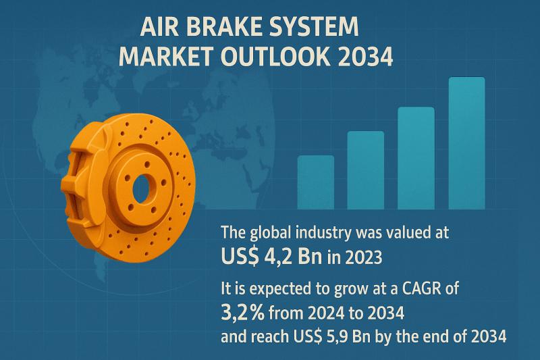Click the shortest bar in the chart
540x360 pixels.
pos(315,182)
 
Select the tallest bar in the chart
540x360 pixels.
pos(466,143)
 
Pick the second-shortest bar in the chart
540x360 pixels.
pos(366,170)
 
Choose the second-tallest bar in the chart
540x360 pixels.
pos(416,158)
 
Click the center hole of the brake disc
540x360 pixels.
pos(144,189)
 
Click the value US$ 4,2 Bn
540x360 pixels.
pos(272,257)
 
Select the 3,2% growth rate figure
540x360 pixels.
pos(243,312)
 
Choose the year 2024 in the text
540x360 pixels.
pos(326,313)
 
